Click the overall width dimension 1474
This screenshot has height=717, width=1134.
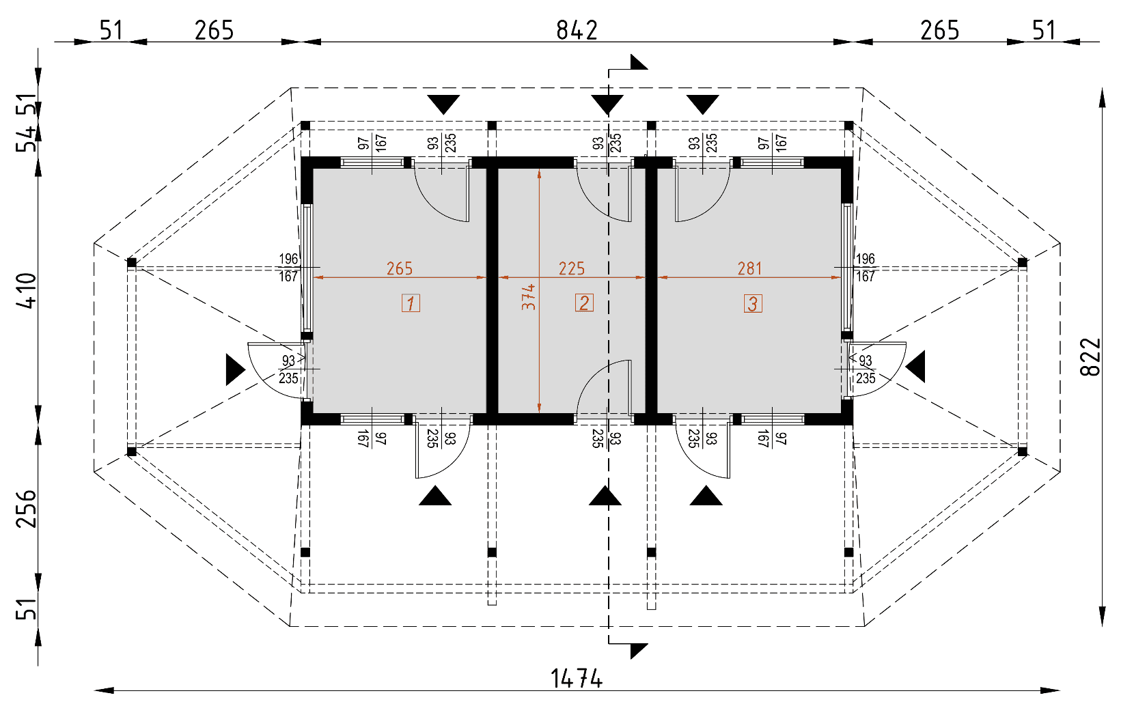(577, 678)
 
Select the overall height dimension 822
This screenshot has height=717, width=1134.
(1090, 356)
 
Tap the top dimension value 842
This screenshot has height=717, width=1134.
(577, 30)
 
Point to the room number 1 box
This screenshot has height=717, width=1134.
(411, 303)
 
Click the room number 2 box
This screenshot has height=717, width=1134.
(584, 303)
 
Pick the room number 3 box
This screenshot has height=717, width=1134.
(753, 303)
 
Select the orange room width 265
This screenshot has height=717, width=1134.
(400, 268)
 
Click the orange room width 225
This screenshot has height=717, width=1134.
(572, 268)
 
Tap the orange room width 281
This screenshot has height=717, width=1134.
(749, 268)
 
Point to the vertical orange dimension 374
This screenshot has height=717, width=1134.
(528, 297)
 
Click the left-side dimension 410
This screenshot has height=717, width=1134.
(27, 290)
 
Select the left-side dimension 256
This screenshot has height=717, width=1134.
(27, 508)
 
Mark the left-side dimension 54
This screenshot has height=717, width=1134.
(27, 139)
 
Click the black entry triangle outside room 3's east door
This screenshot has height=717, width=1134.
(916, 367)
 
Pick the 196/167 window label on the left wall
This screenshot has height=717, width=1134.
(288, 268)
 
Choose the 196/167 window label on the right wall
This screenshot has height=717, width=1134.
(865, 268)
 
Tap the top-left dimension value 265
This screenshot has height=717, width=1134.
(214, 30)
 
